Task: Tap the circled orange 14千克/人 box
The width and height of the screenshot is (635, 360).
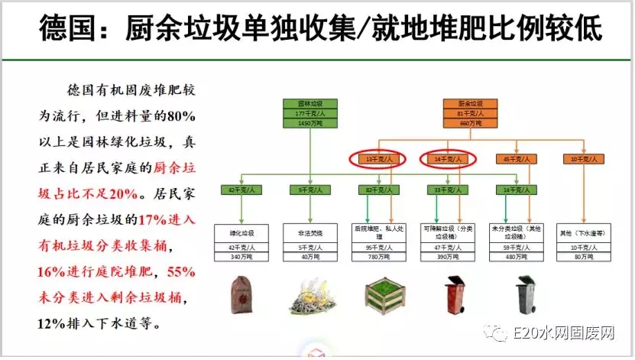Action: [448, 159]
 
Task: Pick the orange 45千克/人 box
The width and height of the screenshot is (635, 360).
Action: [512, 159]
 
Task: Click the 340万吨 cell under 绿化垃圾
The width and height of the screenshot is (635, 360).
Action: [241, 257]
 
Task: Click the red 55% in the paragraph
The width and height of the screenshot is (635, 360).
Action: [182, 271]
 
